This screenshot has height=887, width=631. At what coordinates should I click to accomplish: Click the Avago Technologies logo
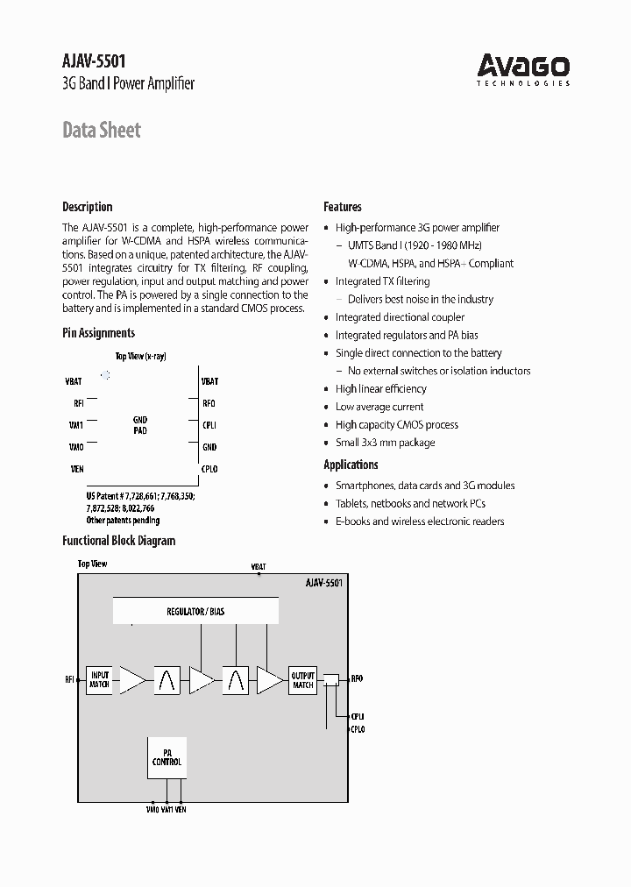523,69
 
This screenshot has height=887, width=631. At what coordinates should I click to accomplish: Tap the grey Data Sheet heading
102,131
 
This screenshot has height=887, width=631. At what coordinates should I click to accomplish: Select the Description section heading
87,207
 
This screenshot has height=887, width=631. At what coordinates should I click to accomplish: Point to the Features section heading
343,207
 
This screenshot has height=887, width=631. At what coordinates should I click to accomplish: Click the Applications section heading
351,465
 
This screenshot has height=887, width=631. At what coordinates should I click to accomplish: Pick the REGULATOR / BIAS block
195,610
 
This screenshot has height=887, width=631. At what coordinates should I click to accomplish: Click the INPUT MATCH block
99,679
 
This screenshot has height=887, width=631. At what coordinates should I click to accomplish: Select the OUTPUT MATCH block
302,679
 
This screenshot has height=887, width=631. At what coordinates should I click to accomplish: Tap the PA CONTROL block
167,757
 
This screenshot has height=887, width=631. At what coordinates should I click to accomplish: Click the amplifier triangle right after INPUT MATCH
131,679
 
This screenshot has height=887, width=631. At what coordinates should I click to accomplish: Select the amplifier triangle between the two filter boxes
201,679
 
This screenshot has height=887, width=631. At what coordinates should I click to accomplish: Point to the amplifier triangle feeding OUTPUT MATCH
269,679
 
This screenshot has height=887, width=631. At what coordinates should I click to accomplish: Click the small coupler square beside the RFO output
331,679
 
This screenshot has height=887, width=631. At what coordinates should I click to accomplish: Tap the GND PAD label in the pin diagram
140,425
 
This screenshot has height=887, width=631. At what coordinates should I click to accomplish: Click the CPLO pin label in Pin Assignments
209,469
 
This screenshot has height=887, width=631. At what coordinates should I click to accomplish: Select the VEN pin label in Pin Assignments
77,469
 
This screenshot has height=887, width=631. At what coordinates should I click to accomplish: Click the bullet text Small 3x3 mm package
385,443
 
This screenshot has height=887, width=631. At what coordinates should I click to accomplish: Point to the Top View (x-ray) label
141,356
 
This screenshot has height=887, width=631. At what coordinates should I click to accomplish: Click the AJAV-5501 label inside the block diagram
323,582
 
